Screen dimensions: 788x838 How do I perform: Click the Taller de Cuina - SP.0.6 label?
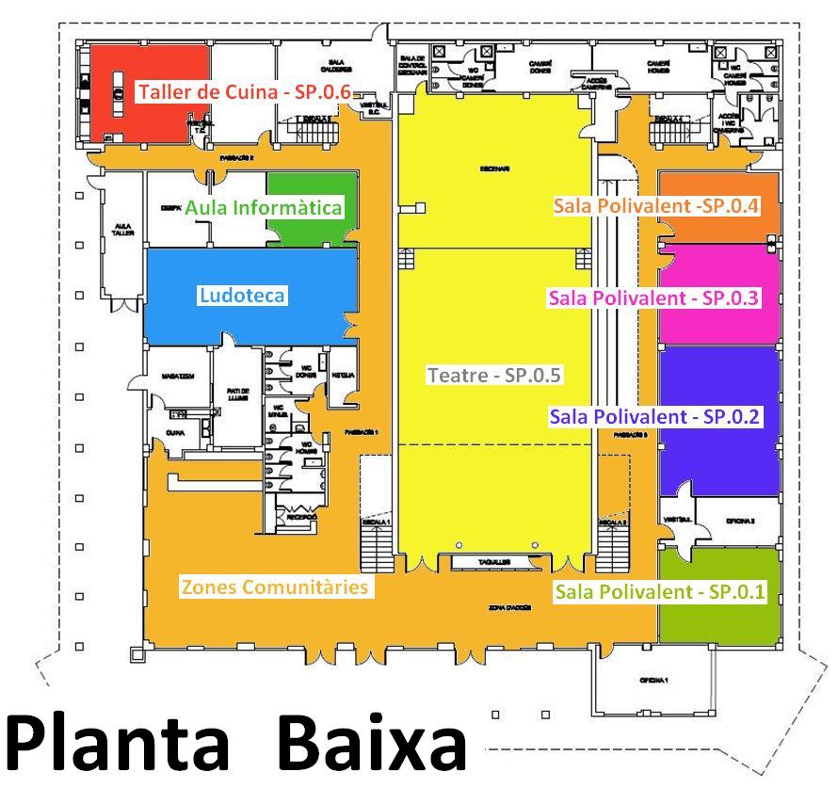point(244,92)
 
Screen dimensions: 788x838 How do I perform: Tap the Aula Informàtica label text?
point(263,207)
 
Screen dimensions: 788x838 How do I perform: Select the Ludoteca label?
point(242,296)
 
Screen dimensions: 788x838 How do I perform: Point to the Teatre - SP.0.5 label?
point(494,375)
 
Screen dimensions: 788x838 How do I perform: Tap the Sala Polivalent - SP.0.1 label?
point(661,592)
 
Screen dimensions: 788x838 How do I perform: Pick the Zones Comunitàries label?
point(273,587)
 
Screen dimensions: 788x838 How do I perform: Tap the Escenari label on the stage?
point(493,169)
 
